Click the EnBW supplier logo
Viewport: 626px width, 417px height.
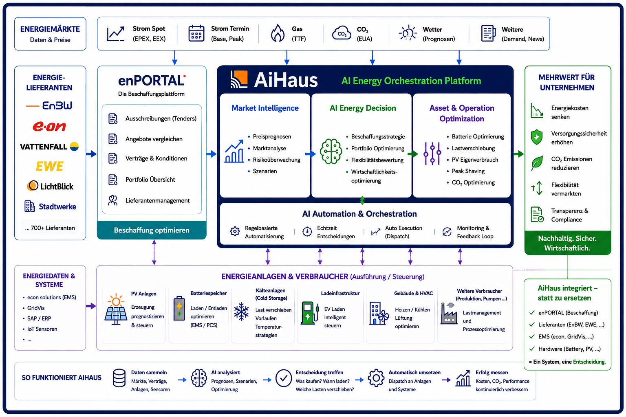tap(49, 105)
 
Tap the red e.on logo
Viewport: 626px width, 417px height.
tap(49, 127)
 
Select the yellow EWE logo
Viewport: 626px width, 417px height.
tap(50, 167)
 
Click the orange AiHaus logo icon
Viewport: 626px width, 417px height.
tap(239, 79)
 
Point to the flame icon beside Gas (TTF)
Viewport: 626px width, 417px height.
tap(278, 33)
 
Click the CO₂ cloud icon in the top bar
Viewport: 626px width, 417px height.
tap(342, 33)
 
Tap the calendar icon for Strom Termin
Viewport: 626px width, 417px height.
tap(196, 33)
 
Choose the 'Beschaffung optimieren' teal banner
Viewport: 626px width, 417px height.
tap(152, 230)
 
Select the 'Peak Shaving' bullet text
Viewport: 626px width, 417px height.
tap(468, 171)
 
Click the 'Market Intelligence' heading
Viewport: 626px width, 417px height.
tap(265, 108)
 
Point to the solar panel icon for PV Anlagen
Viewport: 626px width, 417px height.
tap(116, 309)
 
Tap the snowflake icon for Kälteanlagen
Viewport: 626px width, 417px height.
tap(241, 312)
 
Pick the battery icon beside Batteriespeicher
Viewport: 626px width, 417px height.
tap(179, 308)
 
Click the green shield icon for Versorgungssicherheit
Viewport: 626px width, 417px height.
tap(537, 137)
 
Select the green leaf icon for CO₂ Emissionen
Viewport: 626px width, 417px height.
tap(537, 163)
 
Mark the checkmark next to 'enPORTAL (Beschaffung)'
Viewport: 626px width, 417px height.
tap(532, 312)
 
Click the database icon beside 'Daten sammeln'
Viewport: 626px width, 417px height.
tap(119, 378)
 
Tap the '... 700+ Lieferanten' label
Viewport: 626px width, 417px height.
tap(50, 228)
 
